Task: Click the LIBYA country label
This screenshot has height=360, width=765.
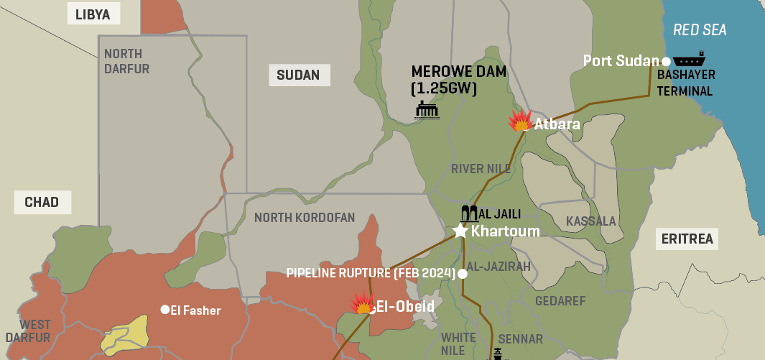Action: coord(93,14)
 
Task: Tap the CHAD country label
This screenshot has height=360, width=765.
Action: coord(42,202)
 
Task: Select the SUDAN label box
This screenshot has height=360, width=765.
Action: coord(299,75)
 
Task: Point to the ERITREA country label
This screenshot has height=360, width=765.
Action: coord(688,239)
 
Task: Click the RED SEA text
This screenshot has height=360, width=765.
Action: coord(699,29)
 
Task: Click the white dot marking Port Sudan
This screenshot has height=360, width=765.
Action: coord(666,61)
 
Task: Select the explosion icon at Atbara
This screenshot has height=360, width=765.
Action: coord(519,121)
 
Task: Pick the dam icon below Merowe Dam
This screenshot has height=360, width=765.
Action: coord(427,109)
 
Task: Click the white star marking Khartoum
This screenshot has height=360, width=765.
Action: coord(460,231)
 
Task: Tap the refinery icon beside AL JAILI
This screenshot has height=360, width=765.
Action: coord(468,213)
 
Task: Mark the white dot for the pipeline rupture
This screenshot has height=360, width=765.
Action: coord(463,274)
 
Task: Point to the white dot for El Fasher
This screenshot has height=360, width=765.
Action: coord(164,310)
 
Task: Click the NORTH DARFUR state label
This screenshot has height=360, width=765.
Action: coord(126,61)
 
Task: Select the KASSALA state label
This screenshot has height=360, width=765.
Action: coord(590,221)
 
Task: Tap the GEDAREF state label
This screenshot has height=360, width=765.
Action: coord(560,300)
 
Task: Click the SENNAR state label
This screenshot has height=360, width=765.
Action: coord(520,338)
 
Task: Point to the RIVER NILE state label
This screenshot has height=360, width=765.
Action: coord(481,169)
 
